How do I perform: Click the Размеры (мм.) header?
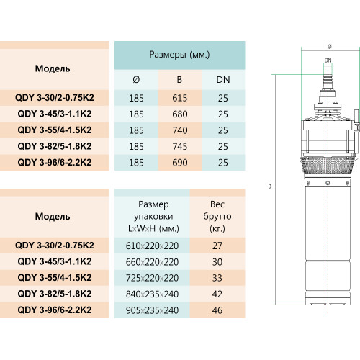pos(179,55)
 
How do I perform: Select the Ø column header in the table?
pos(136,79)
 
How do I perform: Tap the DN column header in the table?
pos(223,80)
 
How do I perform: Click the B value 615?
pos(180,98)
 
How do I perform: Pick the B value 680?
pos(180,114)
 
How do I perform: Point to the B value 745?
pos(180,146)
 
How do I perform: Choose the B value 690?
pos(180,163)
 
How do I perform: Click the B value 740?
pos(180,130)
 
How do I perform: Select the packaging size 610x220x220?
pos(152,246)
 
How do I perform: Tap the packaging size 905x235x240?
pos(152,310)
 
